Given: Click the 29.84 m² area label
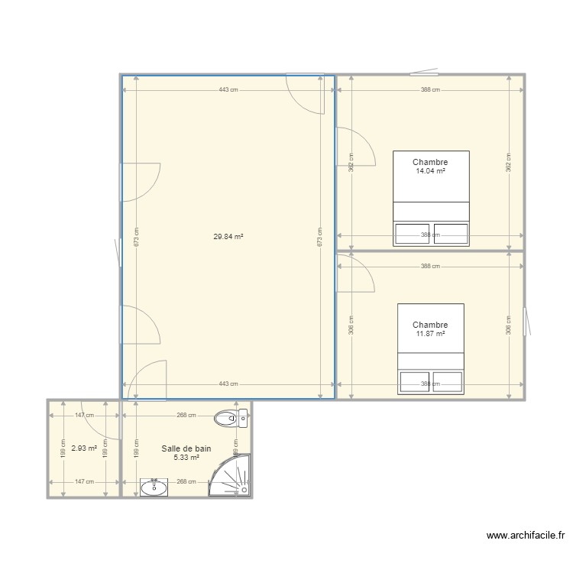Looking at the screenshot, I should [228, 237].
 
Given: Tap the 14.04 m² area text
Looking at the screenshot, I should [430, 171].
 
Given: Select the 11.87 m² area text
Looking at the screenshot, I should [430, 334].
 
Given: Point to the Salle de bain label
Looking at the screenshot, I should [186, 449].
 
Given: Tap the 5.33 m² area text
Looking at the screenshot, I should [186, 458].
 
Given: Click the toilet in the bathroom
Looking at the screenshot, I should [231, 417].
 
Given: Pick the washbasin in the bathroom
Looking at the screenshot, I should [155, 487].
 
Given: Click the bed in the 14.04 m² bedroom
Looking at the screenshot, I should [431, 199].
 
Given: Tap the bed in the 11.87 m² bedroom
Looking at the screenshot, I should [431, 348].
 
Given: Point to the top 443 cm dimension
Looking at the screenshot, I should [228, 90].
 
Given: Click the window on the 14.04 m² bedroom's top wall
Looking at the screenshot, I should [424, 74].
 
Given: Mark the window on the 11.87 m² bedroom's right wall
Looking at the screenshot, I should [525, 322].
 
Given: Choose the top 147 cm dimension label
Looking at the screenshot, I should [84, 416].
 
